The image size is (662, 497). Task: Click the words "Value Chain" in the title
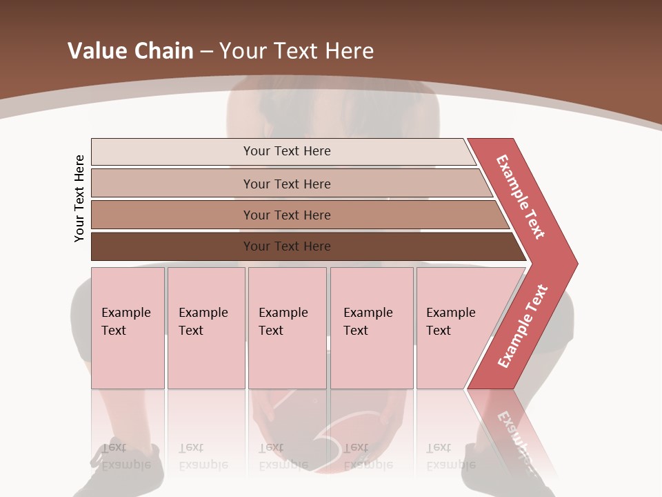(130, 50)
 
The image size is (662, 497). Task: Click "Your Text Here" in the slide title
(297, 50)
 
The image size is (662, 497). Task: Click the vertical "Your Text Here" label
(79, 198)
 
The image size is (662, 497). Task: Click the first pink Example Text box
(128, 328)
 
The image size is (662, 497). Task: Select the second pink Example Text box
(206, 328)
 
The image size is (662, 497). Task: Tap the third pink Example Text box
(287, 328)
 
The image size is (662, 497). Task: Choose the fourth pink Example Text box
(372, 328)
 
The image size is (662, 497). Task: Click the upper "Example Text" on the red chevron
(521, 197)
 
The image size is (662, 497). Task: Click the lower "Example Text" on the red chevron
(523, 327)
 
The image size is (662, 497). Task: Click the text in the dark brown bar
(287, 246)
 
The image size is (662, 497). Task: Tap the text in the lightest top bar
(287, 151)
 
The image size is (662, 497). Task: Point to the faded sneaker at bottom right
(483, 469)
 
